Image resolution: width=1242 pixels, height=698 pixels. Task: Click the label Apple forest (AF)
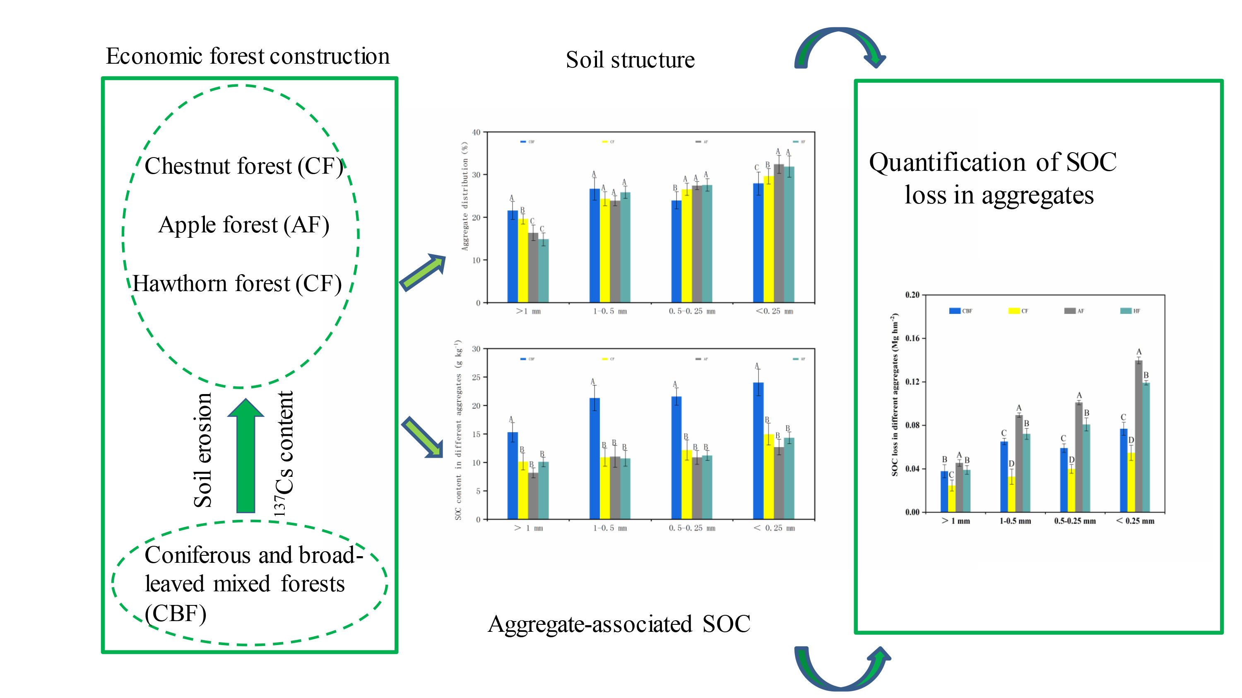point(243,225)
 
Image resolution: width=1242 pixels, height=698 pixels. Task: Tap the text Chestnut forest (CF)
point(243,166)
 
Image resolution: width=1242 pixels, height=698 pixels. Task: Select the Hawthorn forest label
point(237,284)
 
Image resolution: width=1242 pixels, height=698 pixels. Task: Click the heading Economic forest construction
point(247,56)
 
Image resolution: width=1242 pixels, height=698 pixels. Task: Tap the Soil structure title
point(630,60)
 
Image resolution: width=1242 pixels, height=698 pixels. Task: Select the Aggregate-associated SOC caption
point(619,624)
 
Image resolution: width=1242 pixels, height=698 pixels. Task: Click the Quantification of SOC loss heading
point(993,178)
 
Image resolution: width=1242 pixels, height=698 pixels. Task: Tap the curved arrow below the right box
point(841,667)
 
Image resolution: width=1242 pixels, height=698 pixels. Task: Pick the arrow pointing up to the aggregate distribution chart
point(423,273)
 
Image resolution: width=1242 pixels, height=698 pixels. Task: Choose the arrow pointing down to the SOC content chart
point(422,437)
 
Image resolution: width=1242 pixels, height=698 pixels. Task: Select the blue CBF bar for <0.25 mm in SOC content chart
point(758,450)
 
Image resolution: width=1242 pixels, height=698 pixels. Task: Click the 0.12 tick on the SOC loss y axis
point(912,382)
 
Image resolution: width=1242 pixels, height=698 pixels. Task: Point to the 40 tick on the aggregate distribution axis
point(477,132)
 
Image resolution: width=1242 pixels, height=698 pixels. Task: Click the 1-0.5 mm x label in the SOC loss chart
point(1015,521)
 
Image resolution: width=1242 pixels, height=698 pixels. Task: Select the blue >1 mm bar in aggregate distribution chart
point(513,256)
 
